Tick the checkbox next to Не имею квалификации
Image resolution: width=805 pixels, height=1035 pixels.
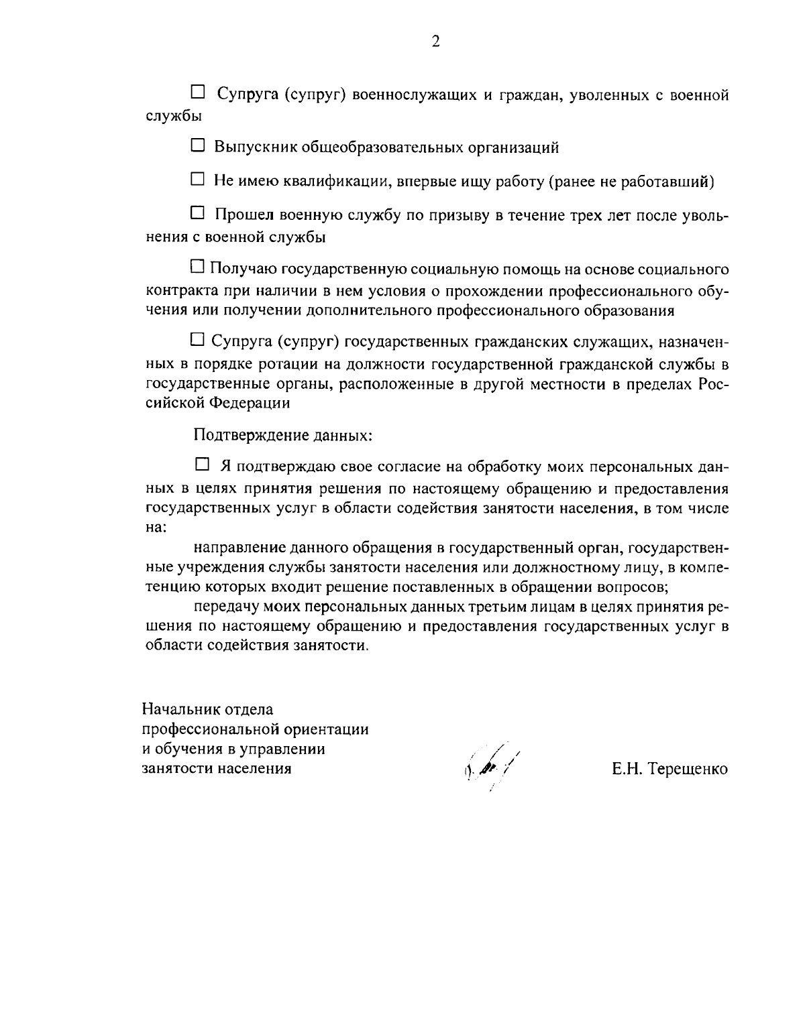point(197,179)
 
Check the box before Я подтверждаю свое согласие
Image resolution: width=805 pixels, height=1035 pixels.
point(201,463)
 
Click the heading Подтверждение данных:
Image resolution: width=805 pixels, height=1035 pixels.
point(282,435)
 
